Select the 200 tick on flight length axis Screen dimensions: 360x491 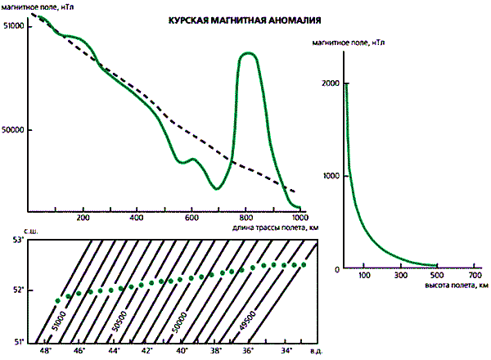click(x=83, y=218)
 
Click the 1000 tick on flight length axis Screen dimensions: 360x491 click(x=300, y=218)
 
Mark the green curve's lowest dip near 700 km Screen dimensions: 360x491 click(x=217, y=188)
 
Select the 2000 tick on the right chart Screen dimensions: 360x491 click(x=330, y=83)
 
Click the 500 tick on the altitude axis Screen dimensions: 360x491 click(x=438, y=276)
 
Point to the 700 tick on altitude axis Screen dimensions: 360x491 click(x=475, y=276)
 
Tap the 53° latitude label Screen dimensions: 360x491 click(x=13, y=242)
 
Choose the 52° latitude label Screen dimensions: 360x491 click(x=13, y=290)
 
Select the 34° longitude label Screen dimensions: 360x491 click(x=286, y=351)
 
